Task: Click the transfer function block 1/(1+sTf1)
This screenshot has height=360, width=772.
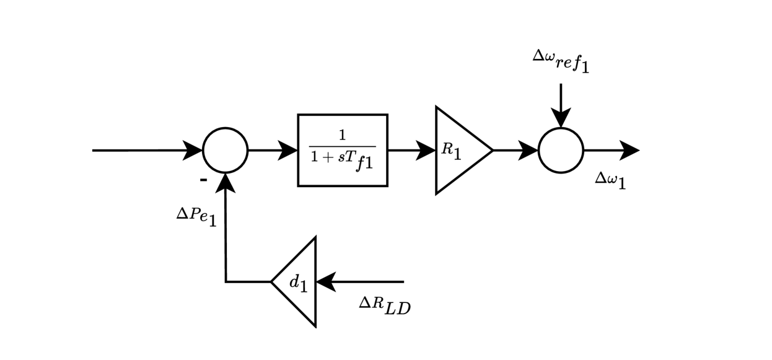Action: [343, 150]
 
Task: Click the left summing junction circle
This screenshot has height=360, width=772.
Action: [225, 150]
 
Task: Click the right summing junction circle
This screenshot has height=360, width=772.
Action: [561, 150]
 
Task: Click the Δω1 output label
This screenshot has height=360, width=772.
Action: [610, 180]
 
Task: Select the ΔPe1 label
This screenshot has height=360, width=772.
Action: [196, 216]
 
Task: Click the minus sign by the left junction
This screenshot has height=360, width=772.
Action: [203, 180]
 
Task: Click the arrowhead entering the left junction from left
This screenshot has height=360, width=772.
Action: [193, 150]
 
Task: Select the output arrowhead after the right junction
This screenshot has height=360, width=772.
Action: [629, 150]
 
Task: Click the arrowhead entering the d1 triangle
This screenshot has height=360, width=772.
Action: [326, 282]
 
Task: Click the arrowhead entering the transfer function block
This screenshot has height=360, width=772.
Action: [288, 150]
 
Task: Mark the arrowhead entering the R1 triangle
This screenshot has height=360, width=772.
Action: [426, 150]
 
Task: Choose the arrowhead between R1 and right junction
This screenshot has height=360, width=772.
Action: [529, 150]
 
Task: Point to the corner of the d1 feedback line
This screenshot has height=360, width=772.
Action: [226, 282]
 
